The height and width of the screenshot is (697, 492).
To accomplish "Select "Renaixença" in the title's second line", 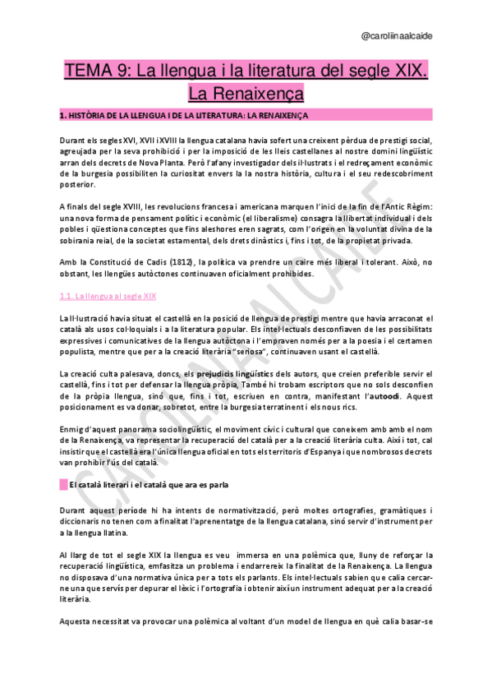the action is (246, 92).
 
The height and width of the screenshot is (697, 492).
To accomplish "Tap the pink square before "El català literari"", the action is (63, 485).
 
